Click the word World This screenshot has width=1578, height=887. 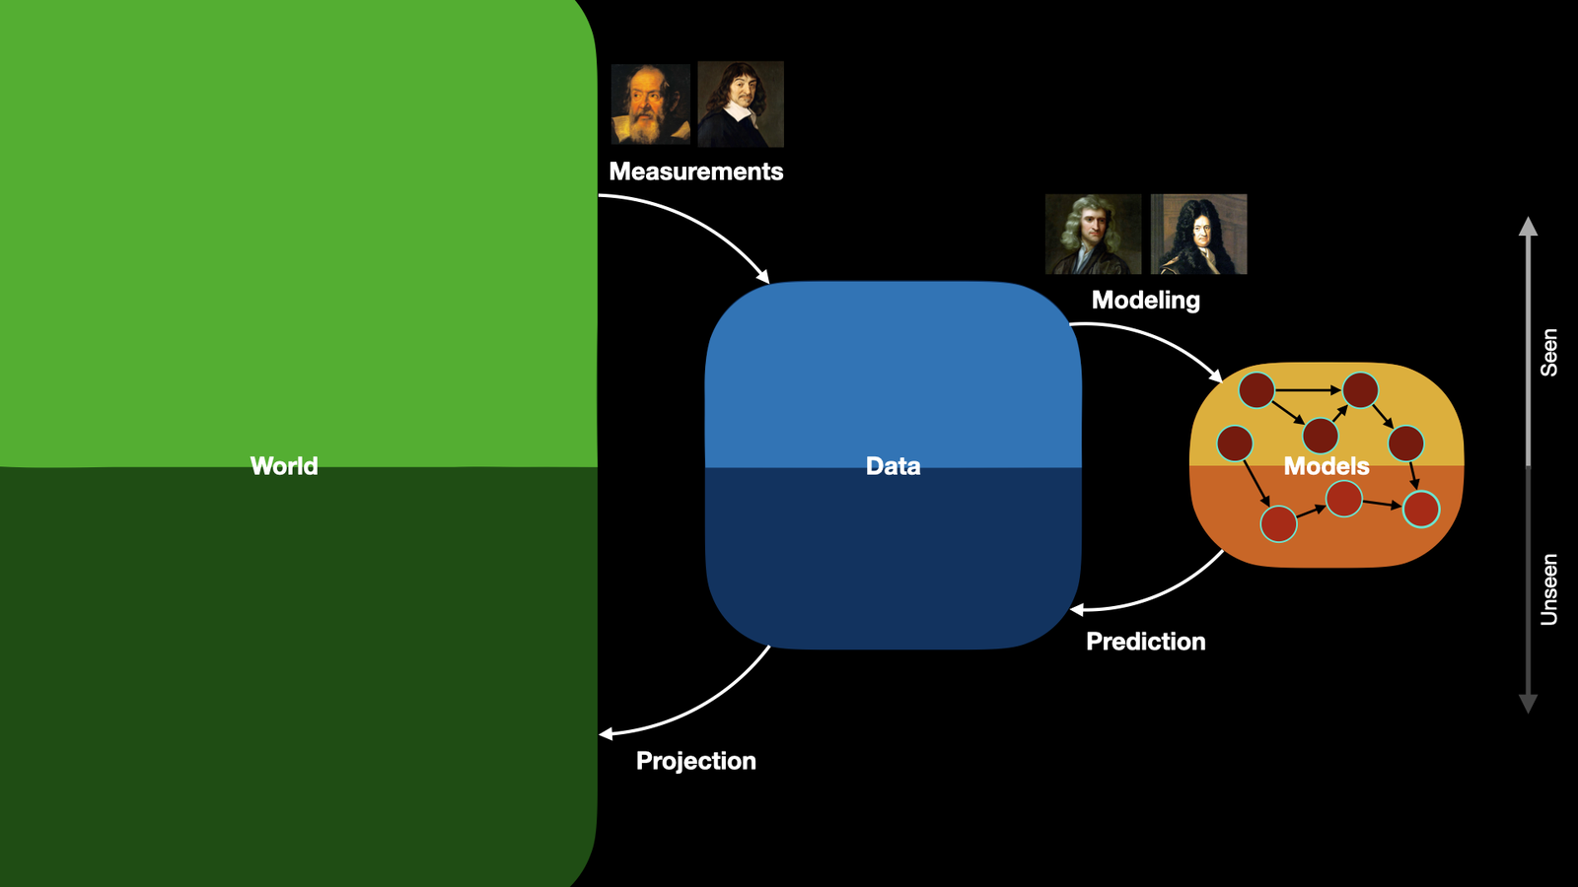pyautogui.click(x=284, y=466)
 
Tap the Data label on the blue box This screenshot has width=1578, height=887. pyautogui.click(x=893, y=466)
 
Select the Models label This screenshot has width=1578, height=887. pyautogui.click(x=1327, y=466)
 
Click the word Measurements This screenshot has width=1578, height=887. pyautogui.click(x=696, y=171)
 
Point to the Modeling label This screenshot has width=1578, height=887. pyautogui.click(x=1145, y=301)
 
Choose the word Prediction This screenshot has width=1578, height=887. pyautogui.click(x=1145, y=642)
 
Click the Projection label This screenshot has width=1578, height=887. pyautogui.click(x=696, y=761)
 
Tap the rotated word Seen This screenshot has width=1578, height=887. pyautogui.click(x=1548, y=353)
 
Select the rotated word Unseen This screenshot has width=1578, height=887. pyautogui.click(x=1548, y=590)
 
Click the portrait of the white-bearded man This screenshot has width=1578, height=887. pyautogui.click(x=650, y=104)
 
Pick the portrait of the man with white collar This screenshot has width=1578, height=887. pyautogui.click(x=741, y=104)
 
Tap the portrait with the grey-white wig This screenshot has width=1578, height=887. pyautogui.click(x=1093, y=234)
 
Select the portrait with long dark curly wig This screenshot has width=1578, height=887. pyautogui.click(x=1198, y=234)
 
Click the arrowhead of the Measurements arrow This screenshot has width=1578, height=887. pyautogui.click(x=763, y=277)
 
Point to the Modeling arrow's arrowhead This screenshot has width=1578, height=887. pyautogui.click(x=1216, y=375)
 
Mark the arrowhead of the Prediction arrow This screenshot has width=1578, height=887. pyautogui.click(x=1076, y=610)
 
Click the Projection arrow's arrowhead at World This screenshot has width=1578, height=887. pyautogui.click(x=606, y=735)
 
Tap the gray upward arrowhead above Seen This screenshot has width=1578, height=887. pyautogui.click(x=1528, y=226)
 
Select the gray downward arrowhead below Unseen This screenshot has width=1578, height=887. pyautogui.click(x=1528, y=704)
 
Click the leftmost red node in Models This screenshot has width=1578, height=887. pyautogui.click(x=1234, y=443)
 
